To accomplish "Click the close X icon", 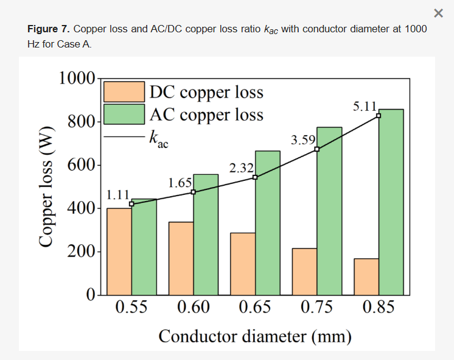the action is point(438,13).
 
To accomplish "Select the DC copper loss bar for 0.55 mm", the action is point(119,252).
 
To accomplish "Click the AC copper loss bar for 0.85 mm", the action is point(391,202).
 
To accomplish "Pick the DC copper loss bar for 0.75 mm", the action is point(304,272).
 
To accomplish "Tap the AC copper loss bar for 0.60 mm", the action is point(206,235).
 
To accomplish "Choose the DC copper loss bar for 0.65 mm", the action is point(243,264).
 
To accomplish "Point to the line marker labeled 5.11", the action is point(379,116).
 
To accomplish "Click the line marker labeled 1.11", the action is point(131,204).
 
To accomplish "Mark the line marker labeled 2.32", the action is point(255,177).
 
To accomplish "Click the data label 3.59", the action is point(303,140).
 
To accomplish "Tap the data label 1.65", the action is point(180,183).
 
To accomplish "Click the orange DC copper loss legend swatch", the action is point(124,91).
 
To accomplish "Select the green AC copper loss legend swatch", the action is point(124,114).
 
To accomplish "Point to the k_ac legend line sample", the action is point(124,136).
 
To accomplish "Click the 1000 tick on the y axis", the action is point(77,78).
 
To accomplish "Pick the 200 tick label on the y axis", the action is point(81,252).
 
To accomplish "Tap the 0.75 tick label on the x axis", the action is point(316,306).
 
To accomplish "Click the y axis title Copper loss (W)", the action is point(46,187).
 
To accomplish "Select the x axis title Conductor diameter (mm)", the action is point(255,336).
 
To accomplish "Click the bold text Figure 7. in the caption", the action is point(49,29).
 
